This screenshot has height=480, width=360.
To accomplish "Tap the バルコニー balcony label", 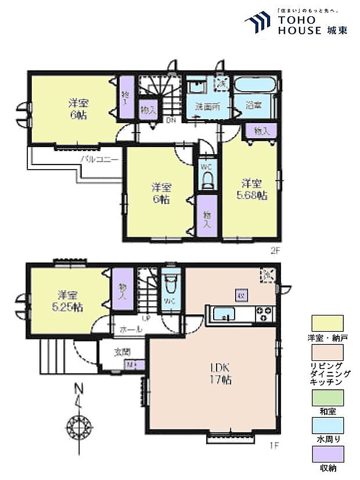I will [99, 158].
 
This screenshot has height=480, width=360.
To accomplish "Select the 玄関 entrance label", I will [122, 352].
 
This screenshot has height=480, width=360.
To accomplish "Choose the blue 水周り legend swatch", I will [327, 425].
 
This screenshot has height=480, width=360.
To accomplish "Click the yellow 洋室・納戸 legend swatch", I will [327, 323].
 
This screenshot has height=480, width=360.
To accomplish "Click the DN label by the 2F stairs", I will [171, 121].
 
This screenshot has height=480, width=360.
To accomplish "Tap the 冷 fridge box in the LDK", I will [268, 275].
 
